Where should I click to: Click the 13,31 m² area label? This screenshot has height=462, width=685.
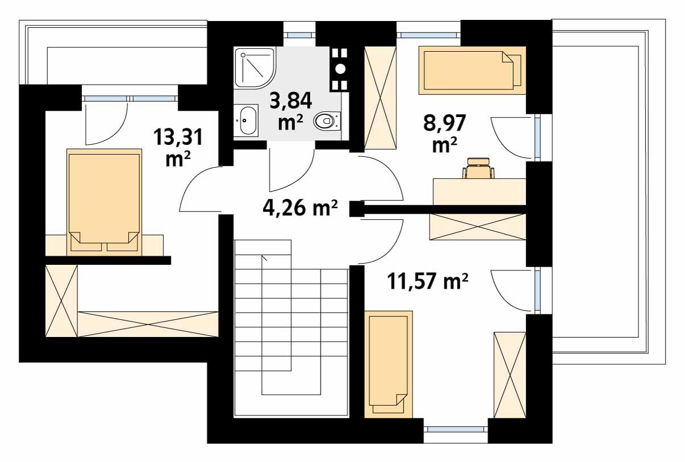tap(177, 147)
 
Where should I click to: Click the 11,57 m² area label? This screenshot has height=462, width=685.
tap(427, 280)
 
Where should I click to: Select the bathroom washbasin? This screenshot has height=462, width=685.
tap(246, 120)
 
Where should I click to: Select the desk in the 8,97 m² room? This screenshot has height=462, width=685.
tap(479, 191)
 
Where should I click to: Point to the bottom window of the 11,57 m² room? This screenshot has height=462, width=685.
tap(455, 429)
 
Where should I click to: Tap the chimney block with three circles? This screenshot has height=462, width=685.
tap(339, 69)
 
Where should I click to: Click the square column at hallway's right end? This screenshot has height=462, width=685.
tap(356, 209)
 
